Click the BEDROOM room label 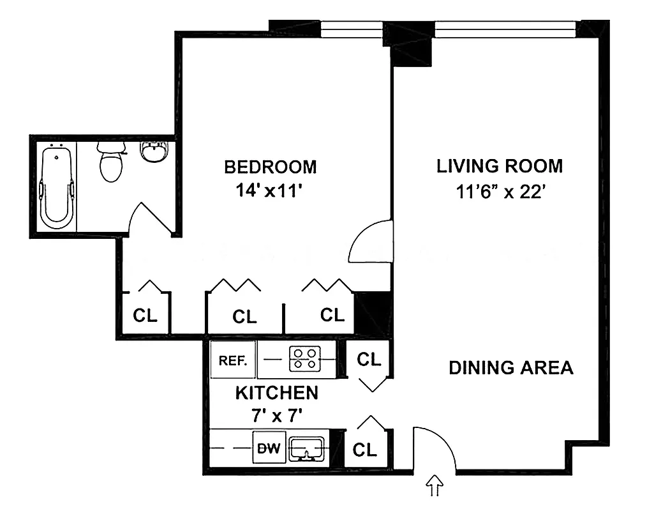tap(270, 167)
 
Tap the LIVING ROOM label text tap(500, 166)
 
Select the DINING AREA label tap(510, 368)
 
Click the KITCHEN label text tap(276, 392)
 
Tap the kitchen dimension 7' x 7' tap(276, 415)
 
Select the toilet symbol tap(112, 162)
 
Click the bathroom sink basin tap(153, 152)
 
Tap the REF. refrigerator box tap(233, 360)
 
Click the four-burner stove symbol tap(304, 360)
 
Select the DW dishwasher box tap(269, 448)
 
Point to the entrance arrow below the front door tap(436, 486)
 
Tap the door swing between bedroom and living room tap(369, 241)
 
